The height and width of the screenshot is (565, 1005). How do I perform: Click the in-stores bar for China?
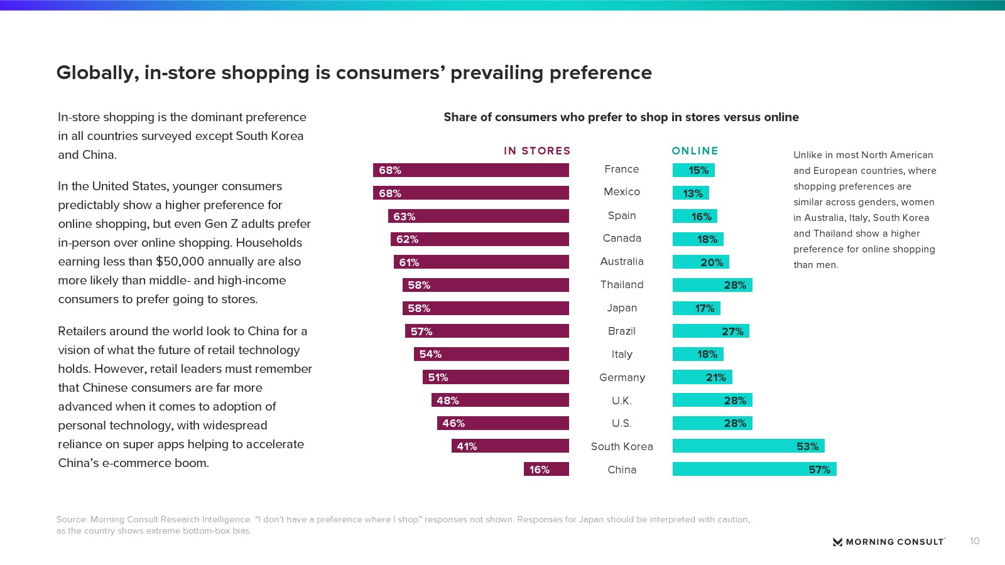point(546,469)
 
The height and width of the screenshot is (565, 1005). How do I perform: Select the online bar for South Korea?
point(748,446)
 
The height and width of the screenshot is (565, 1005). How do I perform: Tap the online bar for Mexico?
point(690,193)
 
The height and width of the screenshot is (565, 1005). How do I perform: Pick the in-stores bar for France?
point(471,170)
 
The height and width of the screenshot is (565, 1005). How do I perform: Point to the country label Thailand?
point(622,285)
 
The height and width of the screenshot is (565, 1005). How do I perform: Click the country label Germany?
point(622,377)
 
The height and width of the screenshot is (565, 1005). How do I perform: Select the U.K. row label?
point(622,401)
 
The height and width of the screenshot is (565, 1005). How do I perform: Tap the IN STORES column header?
point(537,151)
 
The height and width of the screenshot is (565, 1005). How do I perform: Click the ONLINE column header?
point(695,151)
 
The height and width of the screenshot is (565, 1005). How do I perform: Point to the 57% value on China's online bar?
point(819,470)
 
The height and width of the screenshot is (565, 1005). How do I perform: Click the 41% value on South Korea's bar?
point(467,446)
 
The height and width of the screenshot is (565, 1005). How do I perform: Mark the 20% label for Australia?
point(712,262)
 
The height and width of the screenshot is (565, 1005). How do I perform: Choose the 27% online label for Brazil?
point(732,331)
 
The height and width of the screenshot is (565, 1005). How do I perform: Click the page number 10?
point(974,541)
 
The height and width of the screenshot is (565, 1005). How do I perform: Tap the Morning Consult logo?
point(889,542)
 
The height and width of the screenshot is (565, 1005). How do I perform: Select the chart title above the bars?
point(621,117)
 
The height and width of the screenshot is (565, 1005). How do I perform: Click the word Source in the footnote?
point(71,520)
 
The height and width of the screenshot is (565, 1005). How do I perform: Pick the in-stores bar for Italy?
point(491,354)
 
